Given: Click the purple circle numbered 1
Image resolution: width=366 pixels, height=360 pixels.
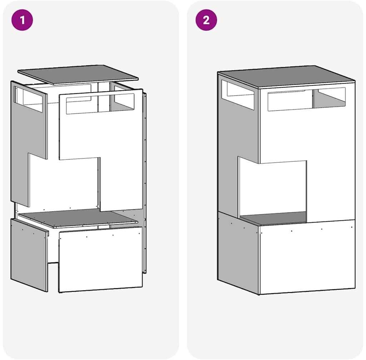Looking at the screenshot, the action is coord(22,20).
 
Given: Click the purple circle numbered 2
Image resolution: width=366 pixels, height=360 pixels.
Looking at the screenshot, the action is coord(206,20).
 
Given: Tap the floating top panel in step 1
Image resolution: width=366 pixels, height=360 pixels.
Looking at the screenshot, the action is coord(78,75).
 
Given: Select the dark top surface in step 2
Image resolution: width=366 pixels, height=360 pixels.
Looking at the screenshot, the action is coord(286,77).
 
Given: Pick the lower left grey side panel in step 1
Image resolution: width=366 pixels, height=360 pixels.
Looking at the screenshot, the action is coord(29,254).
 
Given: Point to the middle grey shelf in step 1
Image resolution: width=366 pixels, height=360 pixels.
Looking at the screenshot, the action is coord(77,218).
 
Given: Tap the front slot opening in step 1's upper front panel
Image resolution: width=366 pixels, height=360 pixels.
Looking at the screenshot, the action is coord(100,104).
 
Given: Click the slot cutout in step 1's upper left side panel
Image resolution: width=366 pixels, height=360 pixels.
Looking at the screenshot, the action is coord(28,99).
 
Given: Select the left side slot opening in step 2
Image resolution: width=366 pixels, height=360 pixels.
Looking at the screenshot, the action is coord(238,95).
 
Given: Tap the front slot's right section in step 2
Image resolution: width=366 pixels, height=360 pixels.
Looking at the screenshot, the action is coord(329,98).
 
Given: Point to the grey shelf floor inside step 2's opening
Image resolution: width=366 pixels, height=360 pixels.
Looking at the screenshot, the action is coord(273,218).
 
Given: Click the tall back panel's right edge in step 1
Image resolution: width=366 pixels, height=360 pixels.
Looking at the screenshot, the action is coord(145,183).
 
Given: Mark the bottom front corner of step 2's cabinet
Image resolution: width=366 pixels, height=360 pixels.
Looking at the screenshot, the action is coord(259,295).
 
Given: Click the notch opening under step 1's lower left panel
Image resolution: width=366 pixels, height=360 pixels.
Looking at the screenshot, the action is coord(53,277).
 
